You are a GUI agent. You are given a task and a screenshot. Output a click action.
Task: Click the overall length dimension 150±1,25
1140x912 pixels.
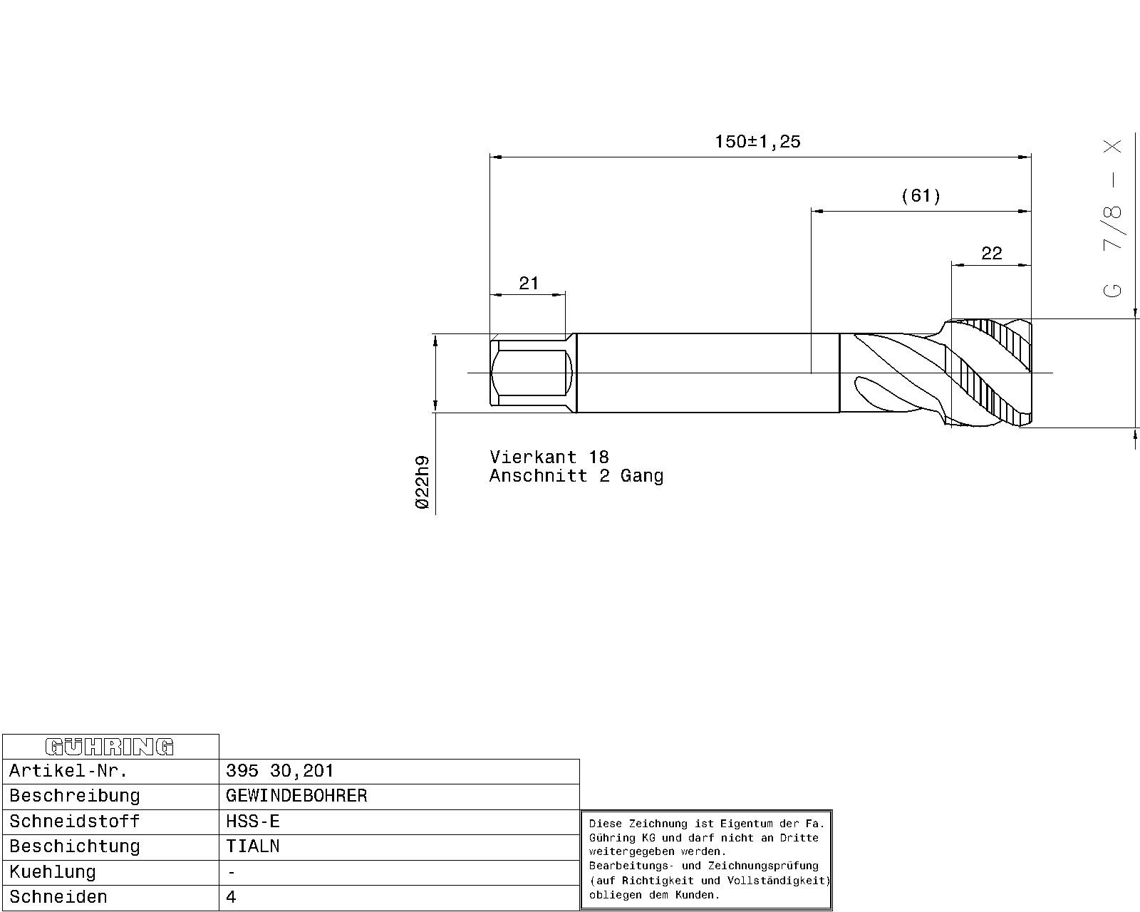757,142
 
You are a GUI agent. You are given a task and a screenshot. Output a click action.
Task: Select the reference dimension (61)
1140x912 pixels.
921,196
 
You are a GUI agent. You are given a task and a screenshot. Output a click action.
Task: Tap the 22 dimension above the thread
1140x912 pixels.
992,254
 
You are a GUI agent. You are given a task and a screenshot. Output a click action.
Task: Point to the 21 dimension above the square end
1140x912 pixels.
529,284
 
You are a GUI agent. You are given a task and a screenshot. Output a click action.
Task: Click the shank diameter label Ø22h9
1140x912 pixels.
423,482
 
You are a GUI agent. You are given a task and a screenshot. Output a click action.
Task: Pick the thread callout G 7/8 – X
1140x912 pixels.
1112,219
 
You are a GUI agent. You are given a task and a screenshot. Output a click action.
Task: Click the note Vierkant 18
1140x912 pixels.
549,457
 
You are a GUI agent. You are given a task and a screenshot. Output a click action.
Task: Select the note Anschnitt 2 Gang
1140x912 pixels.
576,476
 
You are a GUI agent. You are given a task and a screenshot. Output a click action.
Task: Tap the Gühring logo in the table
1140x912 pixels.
110,747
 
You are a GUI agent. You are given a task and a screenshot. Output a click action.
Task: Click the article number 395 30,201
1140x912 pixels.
280,770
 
